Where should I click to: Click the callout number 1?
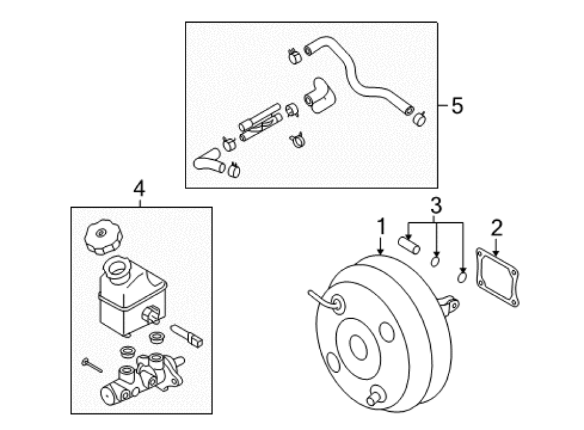pyautogui.click(x=381, y=227)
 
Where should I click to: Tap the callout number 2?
pyautogui.click(x=496, y=228)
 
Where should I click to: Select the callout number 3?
pyautogui.click(x=436, y=205)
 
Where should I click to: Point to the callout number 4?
pyautogui.click(x=140, y=189)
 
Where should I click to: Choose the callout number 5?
pyautogui.click(x=457, y=105)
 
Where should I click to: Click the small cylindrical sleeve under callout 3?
pyautogui.click(x=409, y=246)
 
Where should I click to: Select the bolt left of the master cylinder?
pyautogui.click(x=91, y=365)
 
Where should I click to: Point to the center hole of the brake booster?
pyautogui.click(x=358, y=348)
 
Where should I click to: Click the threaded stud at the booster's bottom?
pyautogui.click(x=376, y=396)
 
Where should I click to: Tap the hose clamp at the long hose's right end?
pyautogui.click(x=420, y=119)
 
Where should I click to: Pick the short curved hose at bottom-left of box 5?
pyautogui.click(x=208, y=162)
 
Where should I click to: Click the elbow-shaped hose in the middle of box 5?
pyautogui.click(x=319, y=95)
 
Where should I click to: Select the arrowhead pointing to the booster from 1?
pyautogui.click(x=381, y=252)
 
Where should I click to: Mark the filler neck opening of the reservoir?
pyautogui.click(x=117, y=268)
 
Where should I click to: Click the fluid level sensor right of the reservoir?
pyautogui.click(x=186, y=335)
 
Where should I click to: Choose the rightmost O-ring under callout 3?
pyautogui.click(x=462, y=277)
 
